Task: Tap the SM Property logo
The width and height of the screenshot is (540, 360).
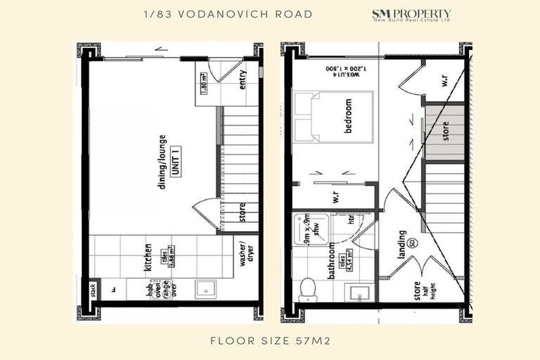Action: click(x=411, y=15)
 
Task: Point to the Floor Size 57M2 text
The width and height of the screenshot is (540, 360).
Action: click(x=270, y=342)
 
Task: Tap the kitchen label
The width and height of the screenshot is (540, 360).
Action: click(x=148, y=258)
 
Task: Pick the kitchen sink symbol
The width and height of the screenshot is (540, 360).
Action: click(x=208, y=288)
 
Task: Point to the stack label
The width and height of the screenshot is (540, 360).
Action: click(x=92, y=290)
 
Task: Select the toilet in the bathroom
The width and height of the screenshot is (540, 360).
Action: click(x=308, y=289)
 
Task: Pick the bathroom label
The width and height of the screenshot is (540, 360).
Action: click(x=330, y=261)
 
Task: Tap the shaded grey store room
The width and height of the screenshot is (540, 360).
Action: click(x=444, y=133)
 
